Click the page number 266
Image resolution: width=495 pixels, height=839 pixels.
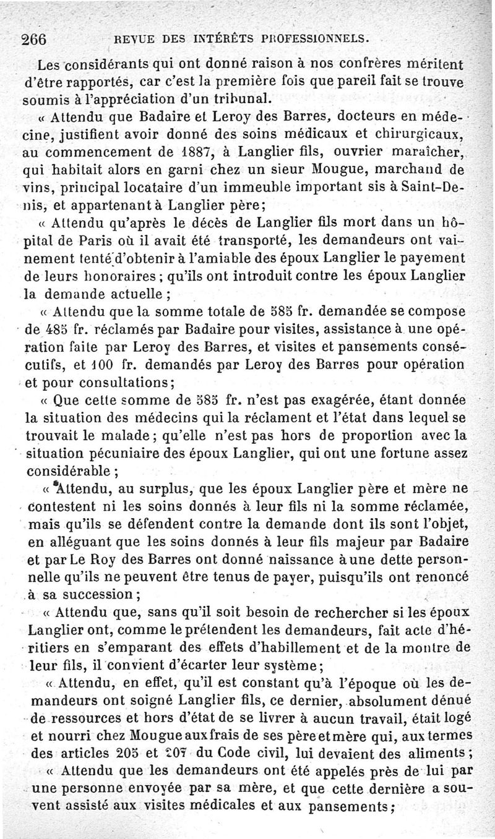(37, 39)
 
